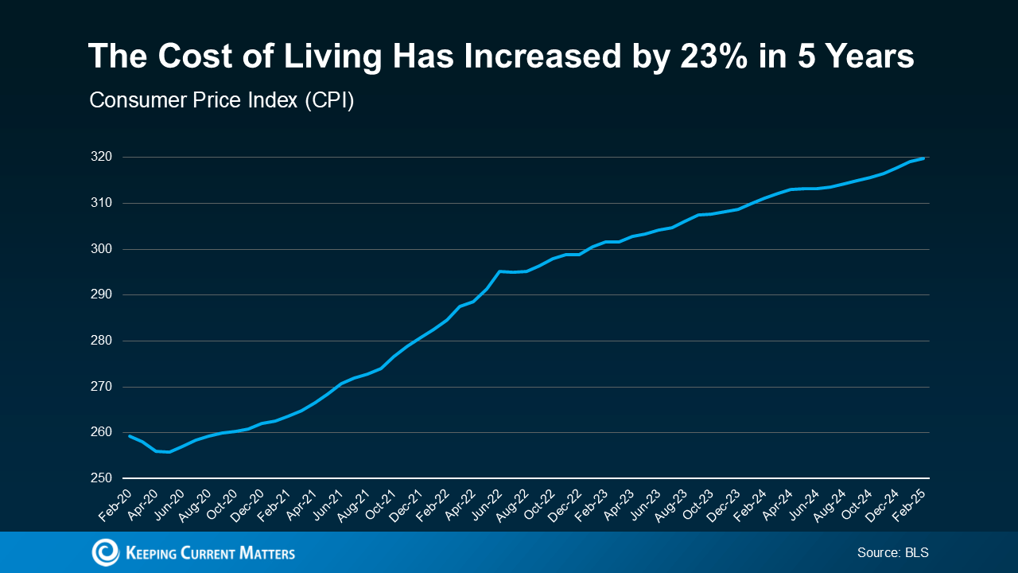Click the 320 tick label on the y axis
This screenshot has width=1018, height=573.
[101, 157]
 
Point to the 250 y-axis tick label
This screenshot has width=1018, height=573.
[101, 478]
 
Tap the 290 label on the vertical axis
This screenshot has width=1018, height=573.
[101, 294]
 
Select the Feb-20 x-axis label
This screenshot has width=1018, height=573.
[115, 505]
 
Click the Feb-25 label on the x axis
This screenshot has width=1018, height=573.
[909, 505]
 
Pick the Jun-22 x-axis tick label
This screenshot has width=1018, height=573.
[486, 505]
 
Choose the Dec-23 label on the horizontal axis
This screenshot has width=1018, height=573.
[724, 505]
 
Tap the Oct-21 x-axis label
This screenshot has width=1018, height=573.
[380, 505]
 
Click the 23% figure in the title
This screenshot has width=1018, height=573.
[713, 57]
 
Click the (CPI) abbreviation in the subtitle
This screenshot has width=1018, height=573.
[329, 100]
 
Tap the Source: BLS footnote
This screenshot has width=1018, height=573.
[892, 552]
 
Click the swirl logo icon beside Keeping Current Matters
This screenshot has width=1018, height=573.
[106, 552]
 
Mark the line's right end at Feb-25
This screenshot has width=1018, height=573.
[923, 158]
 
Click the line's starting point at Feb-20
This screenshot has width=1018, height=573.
[130, 435]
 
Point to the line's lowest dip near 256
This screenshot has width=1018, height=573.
[169, 451]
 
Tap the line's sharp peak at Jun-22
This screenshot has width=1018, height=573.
[499, 271]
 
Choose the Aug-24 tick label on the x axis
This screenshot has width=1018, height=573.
[830, 505]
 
